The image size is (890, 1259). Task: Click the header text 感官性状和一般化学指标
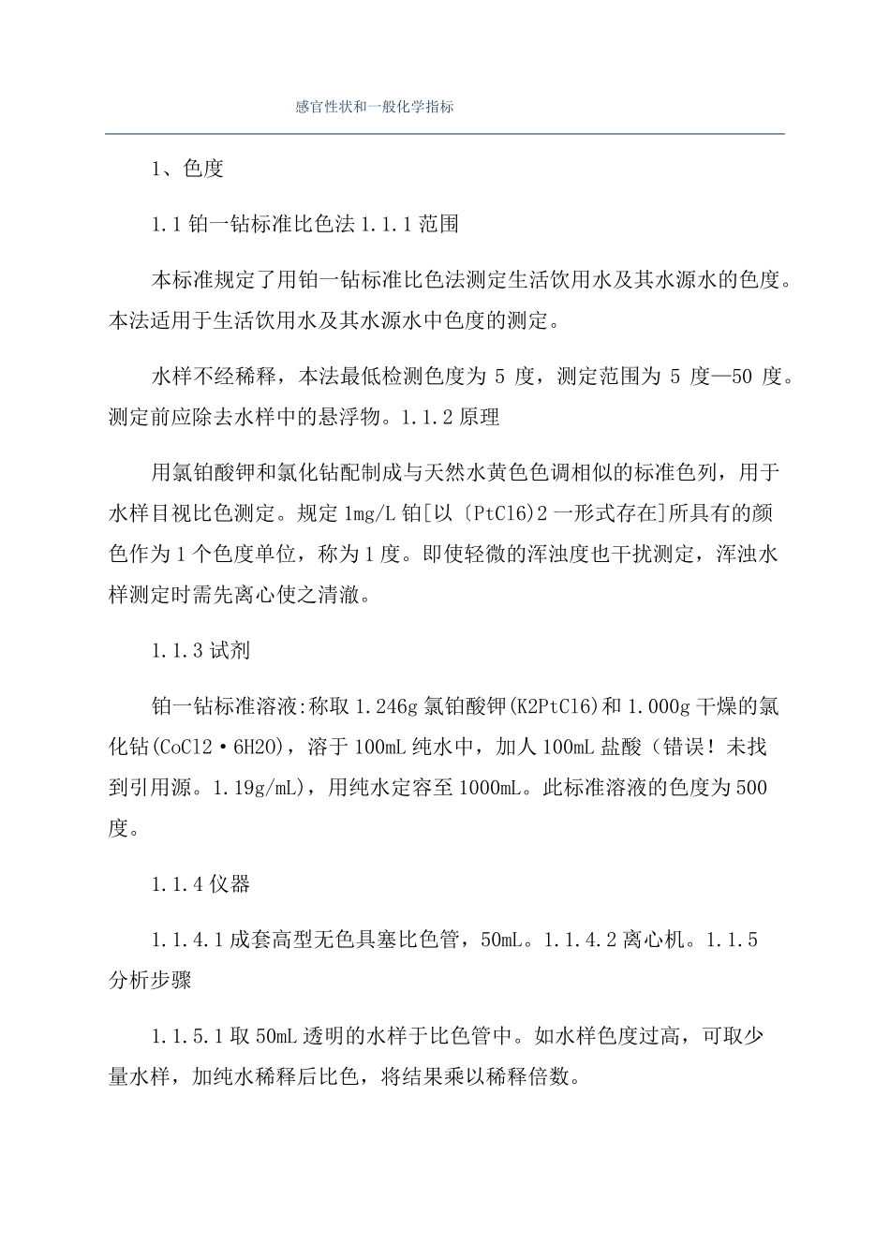click(375, 108)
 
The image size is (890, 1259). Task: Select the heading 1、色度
click(187, 170)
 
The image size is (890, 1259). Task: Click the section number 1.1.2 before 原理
click(427, 418)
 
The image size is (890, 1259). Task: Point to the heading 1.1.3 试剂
click(200, 651)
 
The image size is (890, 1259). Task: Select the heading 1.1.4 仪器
click(200, 883)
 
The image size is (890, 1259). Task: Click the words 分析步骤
click(150, 981)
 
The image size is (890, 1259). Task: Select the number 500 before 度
click(751, 788)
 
